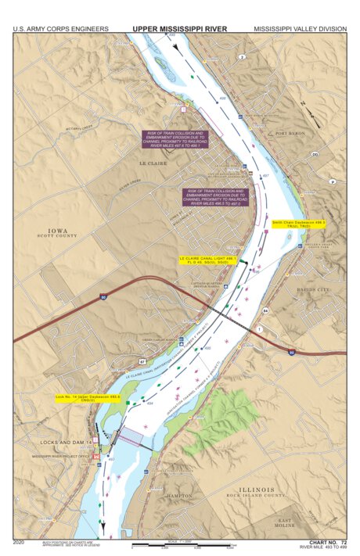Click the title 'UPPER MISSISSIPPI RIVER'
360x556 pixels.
(x=179, y=29)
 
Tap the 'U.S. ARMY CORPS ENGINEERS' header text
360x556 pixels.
(x=60, y=29)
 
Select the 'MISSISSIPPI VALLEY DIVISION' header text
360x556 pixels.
(x=299, y=29)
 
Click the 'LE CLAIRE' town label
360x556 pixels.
(x=153, y=163)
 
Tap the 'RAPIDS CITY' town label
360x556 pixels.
(x=314, y=289)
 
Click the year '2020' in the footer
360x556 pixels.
(x=20, y=541)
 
